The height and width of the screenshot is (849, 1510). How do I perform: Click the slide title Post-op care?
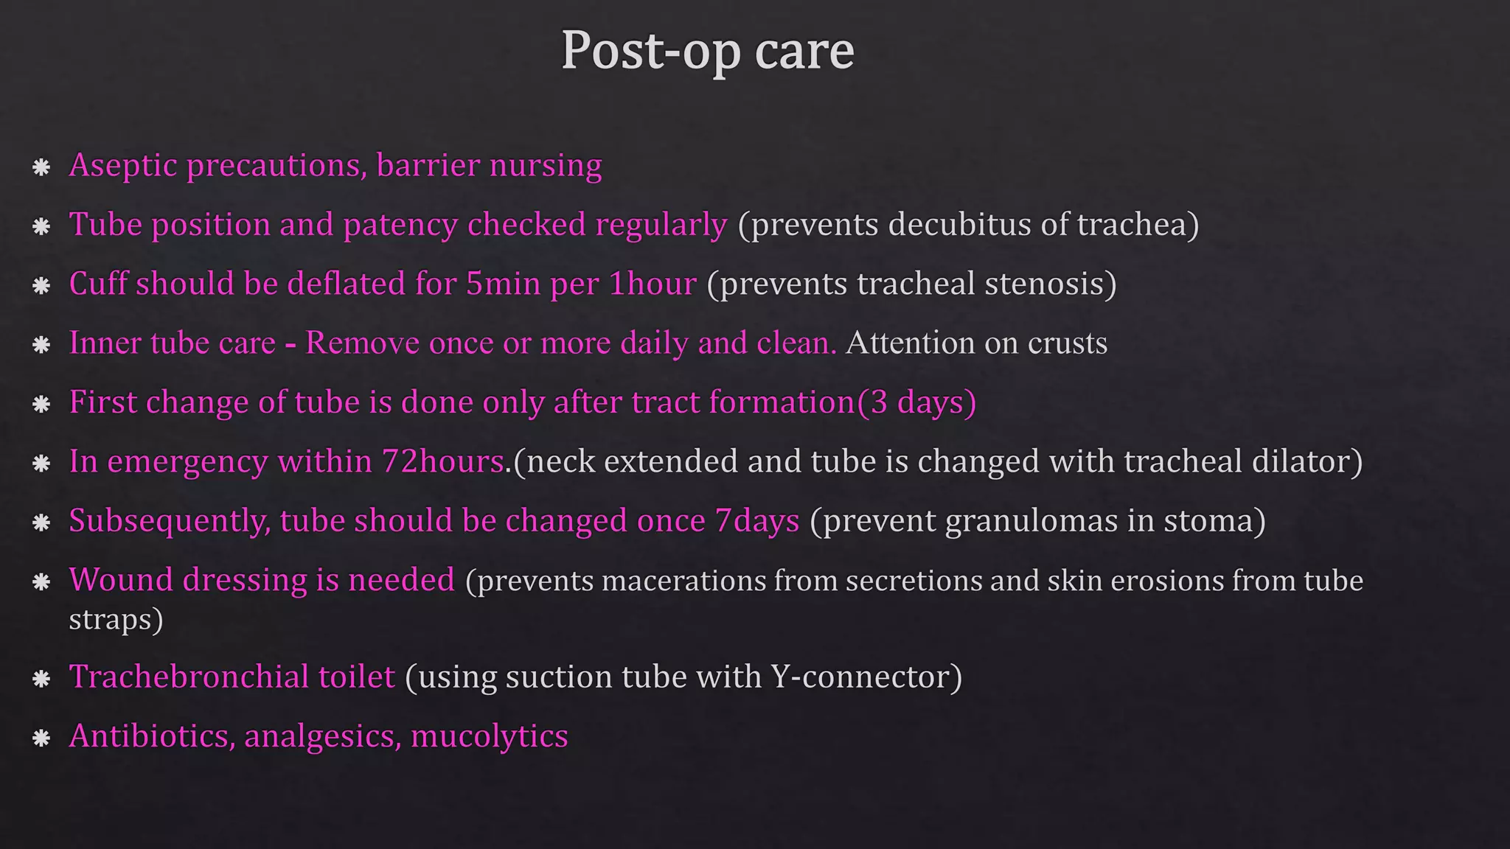point(708,52)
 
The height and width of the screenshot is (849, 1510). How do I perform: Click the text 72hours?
point(442,461)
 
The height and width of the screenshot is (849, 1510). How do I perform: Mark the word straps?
point(111,619)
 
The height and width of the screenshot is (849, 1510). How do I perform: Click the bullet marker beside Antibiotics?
point(41,737)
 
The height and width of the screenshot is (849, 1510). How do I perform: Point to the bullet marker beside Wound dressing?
point(41,581)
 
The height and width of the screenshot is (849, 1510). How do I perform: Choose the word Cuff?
point(97,284)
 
